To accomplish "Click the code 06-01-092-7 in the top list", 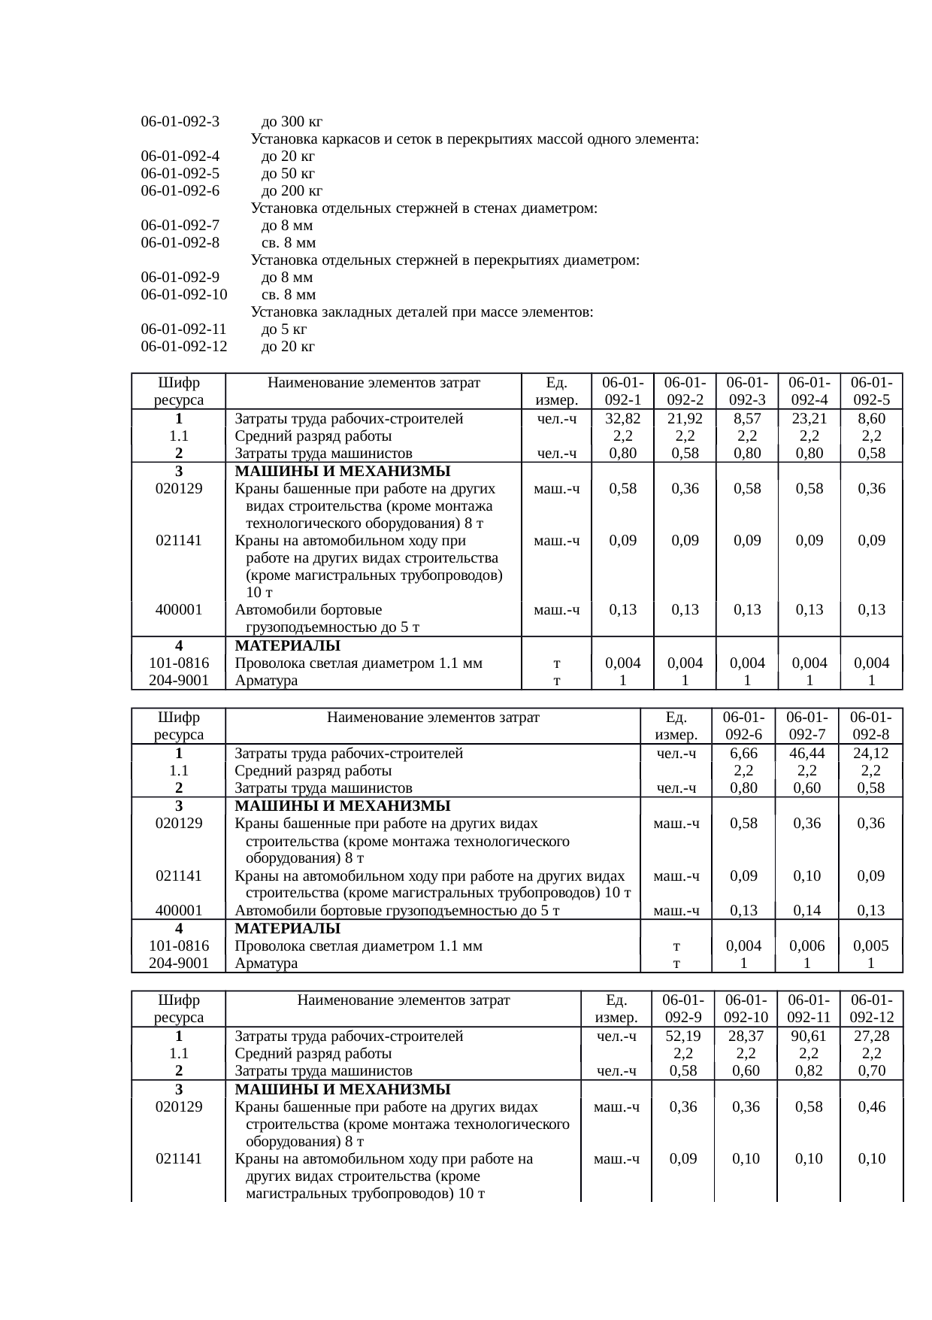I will click(x=180, y=226).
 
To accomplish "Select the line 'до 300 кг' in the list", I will click(x=292, y=122).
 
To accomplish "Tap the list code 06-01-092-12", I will click(x=183, y=347).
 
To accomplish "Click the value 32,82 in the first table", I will click(x=622, y=419).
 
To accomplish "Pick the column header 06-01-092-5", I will click(x=871, y=392).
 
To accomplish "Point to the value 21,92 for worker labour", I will click(x=685, y=419).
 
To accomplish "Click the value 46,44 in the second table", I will click(x=806, y=754).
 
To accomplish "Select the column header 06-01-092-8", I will click(x=870, y=726).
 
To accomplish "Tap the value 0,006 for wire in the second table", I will click(x=806, y=946).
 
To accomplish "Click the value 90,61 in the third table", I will click(x=809, y=1036).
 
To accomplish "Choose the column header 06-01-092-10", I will click(x=746, y=1009).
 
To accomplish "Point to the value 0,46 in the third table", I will click(x=871, y=1107).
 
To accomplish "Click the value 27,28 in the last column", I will click(x=871, y=1036).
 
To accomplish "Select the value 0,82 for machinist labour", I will click(x=809, y=1071).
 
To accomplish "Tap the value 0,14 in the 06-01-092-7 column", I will click(x=806, y=911).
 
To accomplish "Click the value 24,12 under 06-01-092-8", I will click(x=870, y=754).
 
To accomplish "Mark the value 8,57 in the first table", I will click(x=747, y=419).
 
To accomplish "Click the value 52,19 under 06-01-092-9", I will click(x=682, y=1036).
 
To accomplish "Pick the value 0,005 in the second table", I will click(x=870, y=946).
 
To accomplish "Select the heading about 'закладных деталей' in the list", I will click(x=422, y=312).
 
